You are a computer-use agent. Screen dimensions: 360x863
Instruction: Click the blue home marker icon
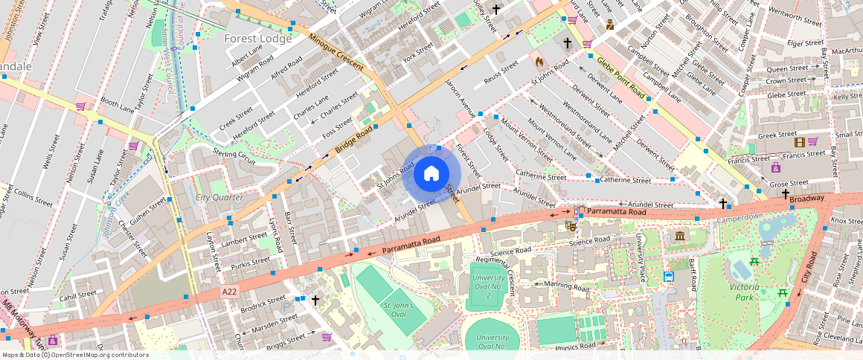point(431,174)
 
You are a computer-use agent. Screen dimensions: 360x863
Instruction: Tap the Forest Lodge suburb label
point(258,39)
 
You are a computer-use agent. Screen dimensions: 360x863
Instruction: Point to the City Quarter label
point(219,197)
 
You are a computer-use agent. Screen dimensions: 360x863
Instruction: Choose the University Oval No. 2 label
point(487,287)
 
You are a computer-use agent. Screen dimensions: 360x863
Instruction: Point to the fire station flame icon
point(539,61)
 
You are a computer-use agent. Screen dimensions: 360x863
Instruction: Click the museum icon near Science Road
point(680,237)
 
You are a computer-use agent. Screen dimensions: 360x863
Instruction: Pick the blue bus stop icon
point(668,277)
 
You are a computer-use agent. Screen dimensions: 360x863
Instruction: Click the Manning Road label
point(562,285)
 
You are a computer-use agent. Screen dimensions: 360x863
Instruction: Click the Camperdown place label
point(740,216)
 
